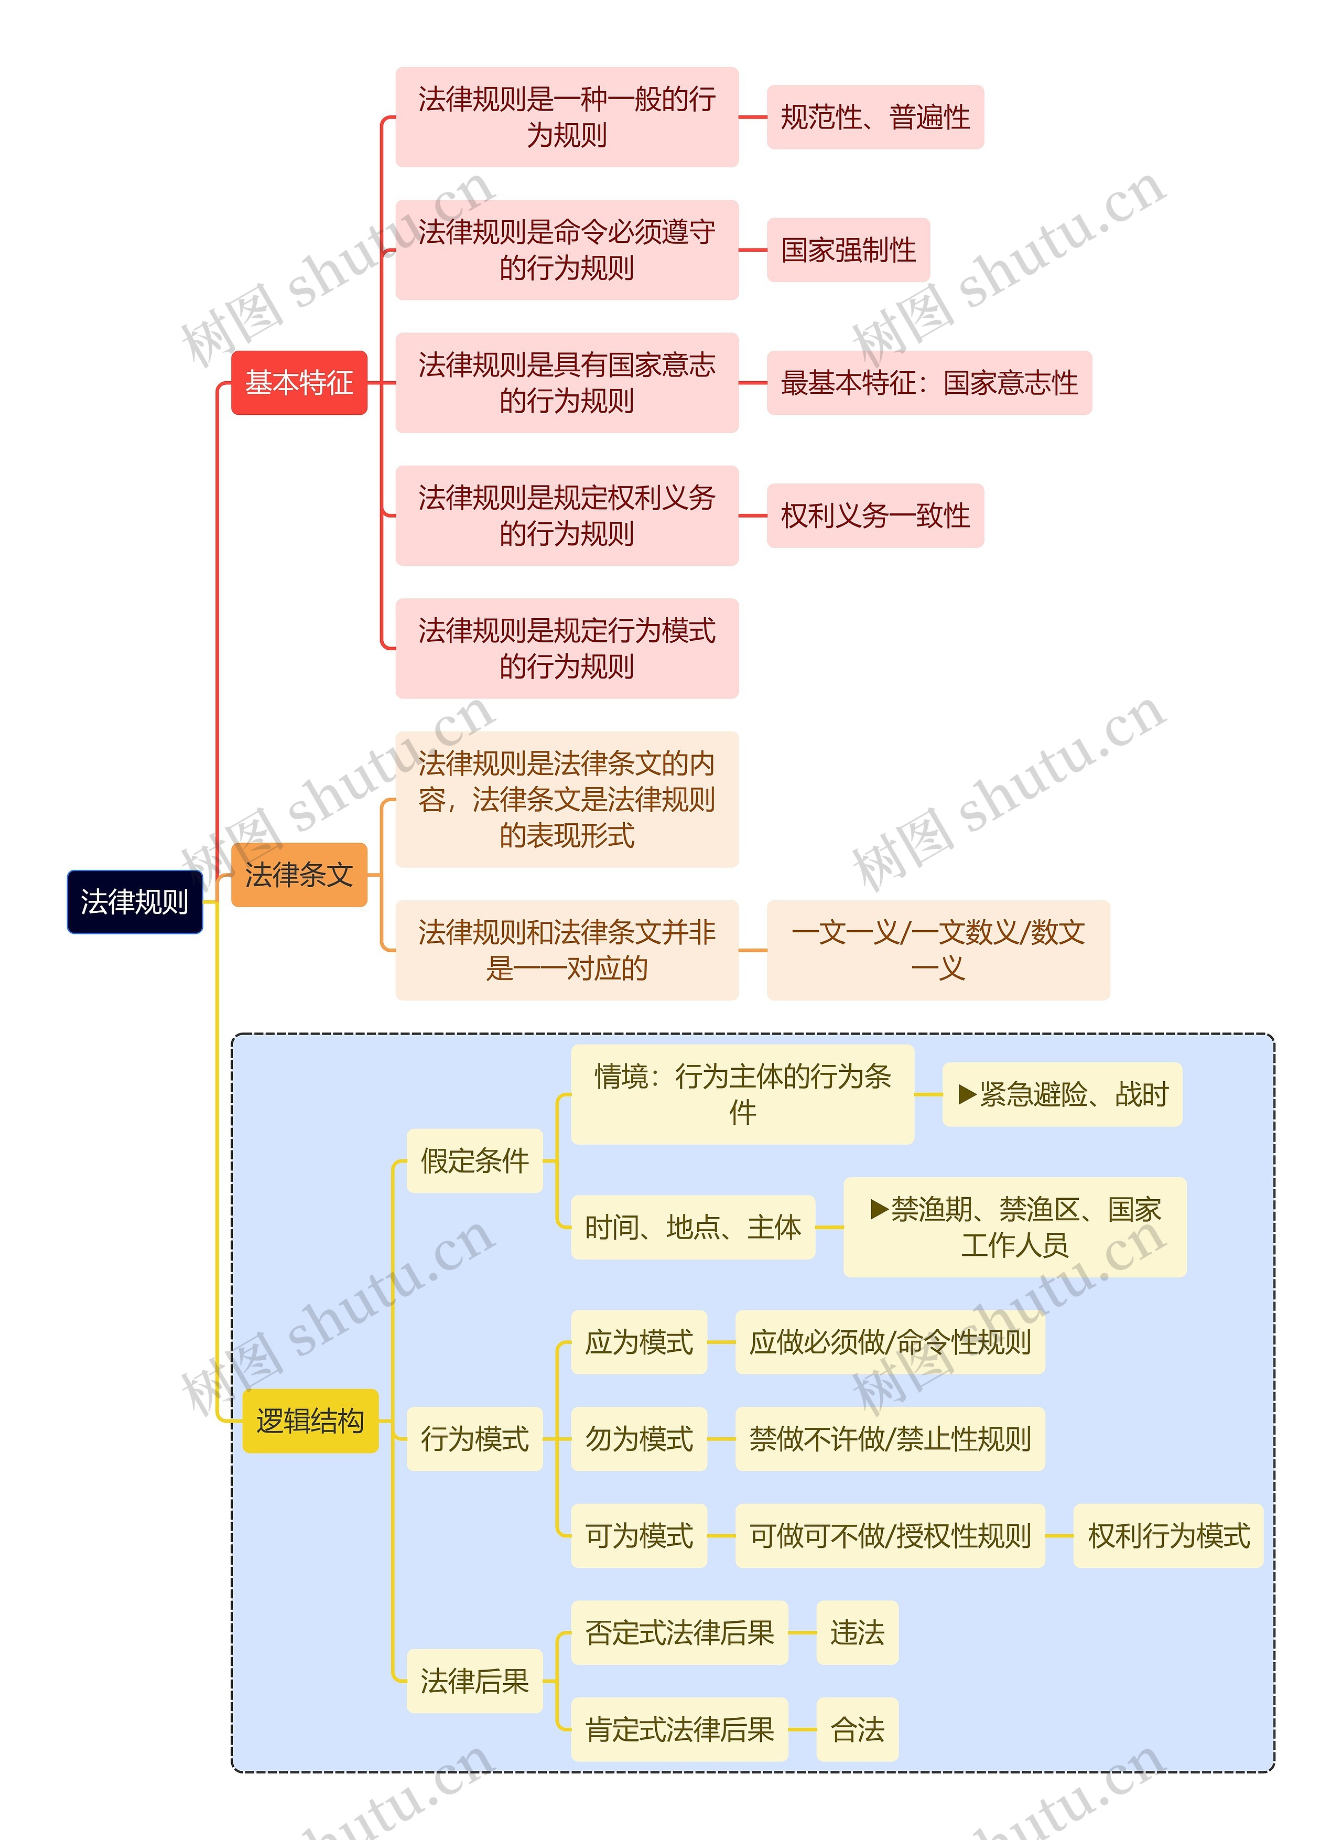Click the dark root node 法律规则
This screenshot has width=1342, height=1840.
(x=134, y=902)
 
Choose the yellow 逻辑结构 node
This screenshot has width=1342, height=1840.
(x=310, y=1421)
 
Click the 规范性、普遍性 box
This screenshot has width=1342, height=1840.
(x=875, y=117)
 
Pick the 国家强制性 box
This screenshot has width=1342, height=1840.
(x=848, y=250)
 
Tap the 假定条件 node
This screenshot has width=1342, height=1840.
(x=474, y=1161)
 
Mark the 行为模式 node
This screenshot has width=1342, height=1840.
(x=474, y=1439)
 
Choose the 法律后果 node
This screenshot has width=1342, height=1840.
(x=474, y=1681)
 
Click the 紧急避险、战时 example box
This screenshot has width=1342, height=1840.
(x=1062, y=1094)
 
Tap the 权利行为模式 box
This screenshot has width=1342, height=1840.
(x=1168, y=1535)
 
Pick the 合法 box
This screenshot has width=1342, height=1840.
(x=857, y=1729)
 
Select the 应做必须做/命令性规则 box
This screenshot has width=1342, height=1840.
(x=890, y=1342)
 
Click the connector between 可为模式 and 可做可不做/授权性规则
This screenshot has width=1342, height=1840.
(x=721, y=1535)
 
